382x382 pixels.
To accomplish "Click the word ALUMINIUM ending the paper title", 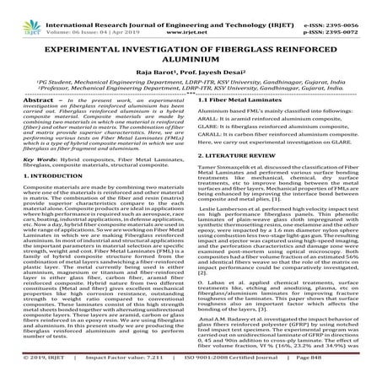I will pyautogui.click(x=190, y=62).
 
